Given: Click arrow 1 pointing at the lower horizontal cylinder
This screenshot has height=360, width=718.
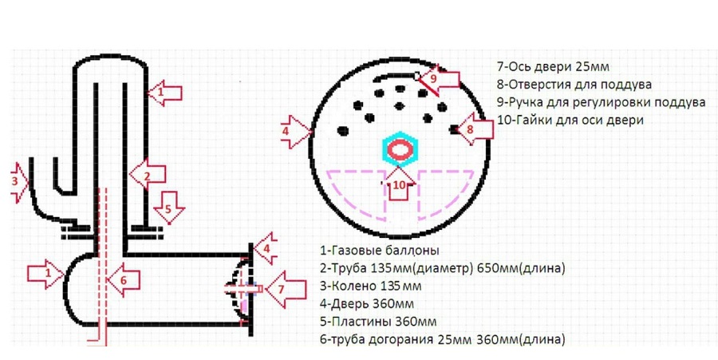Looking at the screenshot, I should click(x=43, y=274).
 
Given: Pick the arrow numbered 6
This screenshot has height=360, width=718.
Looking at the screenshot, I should click(x=124, y=279).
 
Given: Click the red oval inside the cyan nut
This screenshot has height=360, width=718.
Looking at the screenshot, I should click(x=404, y=149).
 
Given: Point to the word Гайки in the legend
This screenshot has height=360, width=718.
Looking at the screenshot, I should click(x=531, y=120).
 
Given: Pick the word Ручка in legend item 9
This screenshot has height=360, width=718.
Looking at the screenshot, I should click(x=527, y=102).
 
